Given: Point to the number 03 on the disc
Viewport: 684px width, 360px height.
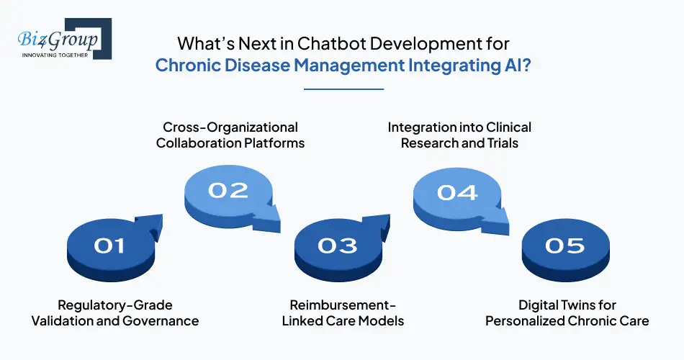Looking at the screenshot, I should coord(337,246).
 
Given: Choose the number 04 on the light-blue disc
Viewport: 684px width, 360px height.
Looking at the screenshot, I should coord(456,192).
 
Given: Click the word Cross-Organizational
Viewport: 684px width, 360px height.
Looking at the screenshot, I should coord(228,127).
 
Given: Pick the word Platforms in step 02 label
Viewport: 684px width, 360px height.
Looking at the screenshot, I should coord(274,143).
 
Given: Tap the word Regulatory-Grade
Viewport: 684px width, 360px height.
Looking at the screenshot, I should coord(115,305).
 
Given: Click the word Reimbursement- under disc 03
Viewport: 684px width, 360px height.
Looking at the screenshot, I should coord(343,305).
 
